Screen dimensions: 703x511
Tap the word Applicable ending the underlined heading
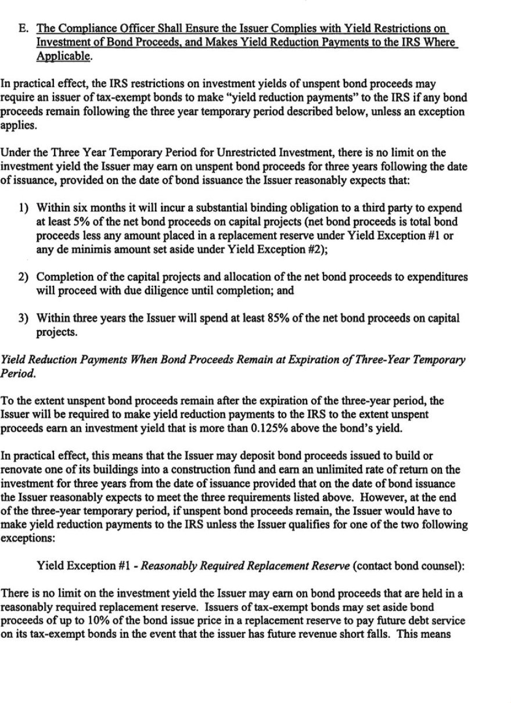pyautogui.click(x=60, y=56)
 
